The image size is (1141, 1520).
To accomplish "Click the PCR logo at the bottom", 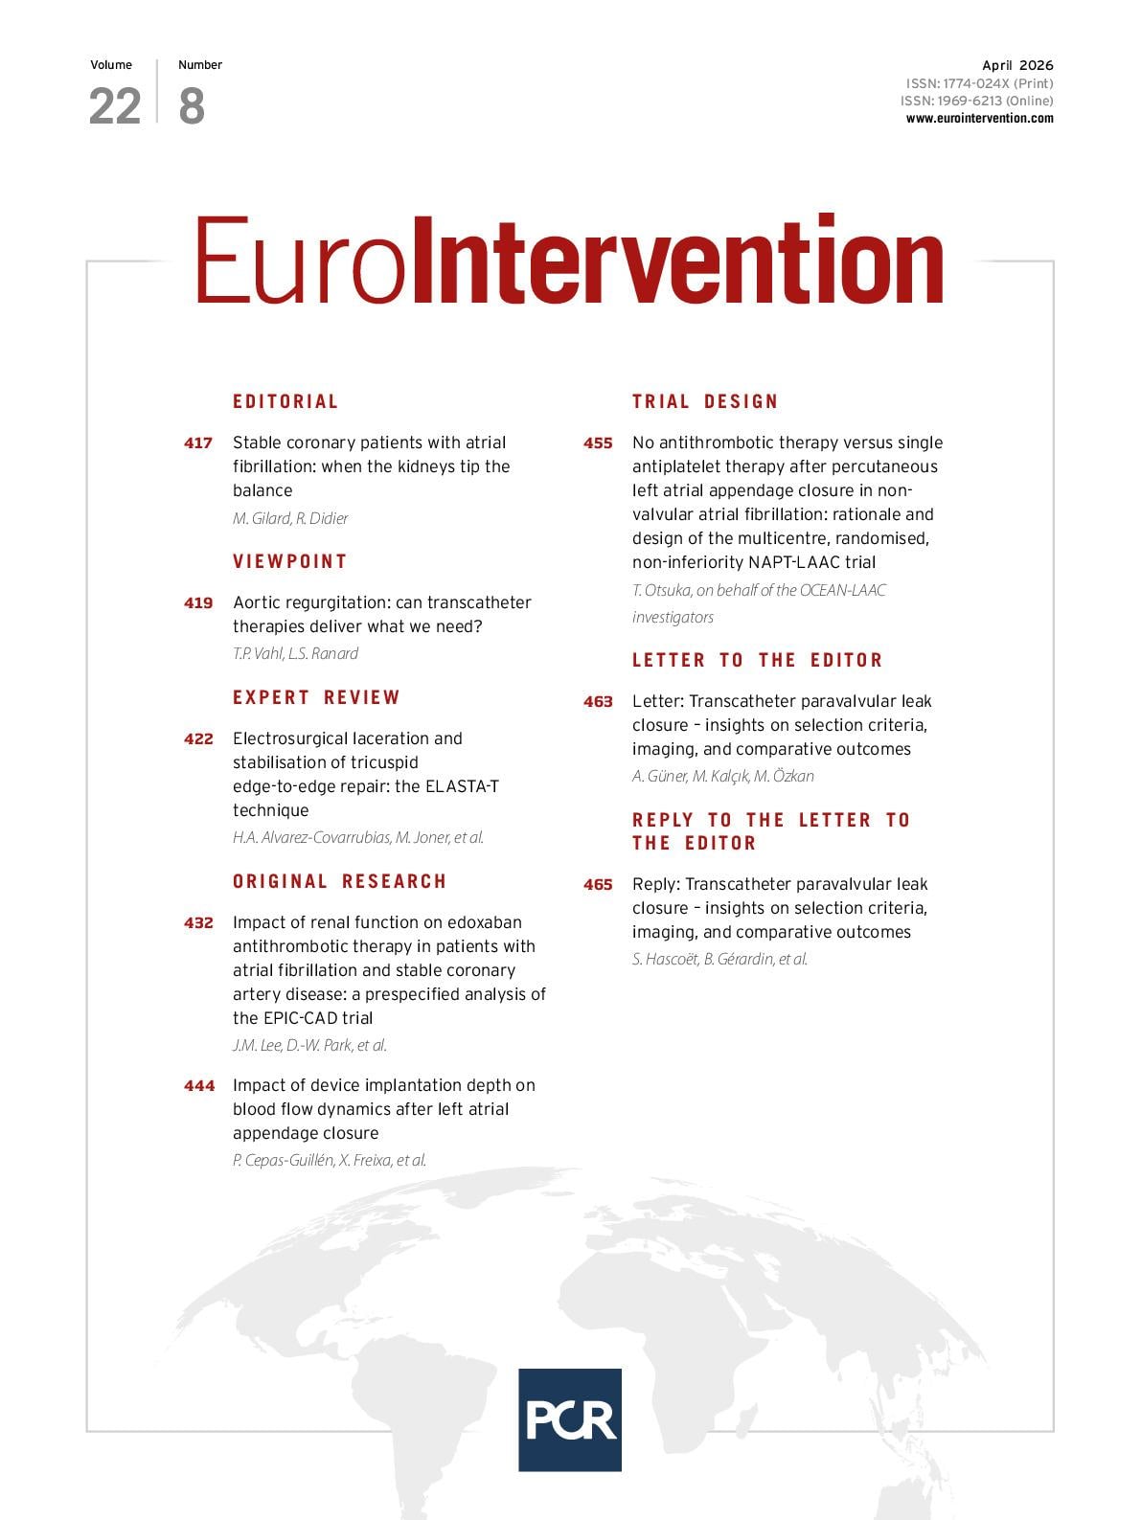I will [x=569, y=1418].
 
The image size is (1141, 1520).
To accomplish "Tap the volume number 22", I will [x=115, y=106].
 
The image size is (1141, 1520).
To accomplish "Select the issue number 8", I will [x=192, y=106].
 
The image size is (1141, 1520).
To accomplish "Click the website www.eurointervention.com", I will [x=979, y=119].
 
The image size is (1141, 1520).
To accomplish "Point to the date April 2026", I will [x=1016, y=65].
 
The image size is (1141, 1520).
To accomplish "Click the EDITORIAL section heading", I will [x=285, y=401].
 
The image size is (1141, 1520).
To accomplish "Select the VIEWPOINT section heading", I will [x=289, y=561].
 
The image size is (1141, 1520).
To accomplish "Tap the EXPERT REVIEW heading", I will [x=316, y=697].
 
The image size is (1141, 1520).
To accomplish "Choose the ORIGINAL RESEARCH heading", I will [x=339, y=881].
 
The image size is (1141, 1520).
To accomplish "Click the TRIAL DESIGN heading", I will [x=705, y=401].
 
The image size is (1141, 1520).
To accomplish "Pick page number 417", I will [x=198, y=442].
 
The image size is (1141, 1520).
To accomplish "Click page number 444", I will [x=199, y=1085].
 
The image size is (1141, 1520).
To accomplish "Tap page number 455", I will [x=598, y=442].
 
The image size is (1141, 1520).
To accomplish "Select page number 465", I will [x=598, y=884].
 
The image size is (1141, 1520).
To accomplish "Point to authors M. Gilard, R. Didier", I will [x=290, y=518].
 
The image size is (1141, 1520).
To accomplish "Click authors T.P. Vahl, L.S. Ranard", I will [x=295, y=653].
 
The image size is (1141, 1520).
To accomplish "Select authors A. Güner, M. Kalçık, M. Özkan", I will [x=722, y=776].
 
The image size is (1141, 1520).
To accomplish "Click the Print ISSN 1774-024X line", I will [x=979, y=83].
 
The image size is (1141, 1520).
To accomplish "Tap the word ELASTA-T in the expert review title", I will [x=462, y=786].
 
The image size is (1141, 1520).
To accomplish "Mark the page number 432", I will [x=198, y=922].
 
